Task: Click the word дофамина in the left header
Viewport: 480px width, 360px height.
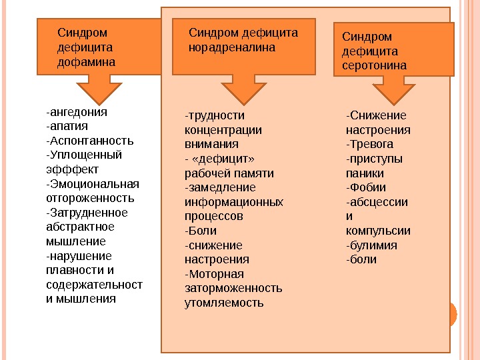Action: [x=86, y=62]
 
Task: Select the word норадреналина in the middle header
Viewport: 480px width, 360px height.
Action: [x=232, y=48]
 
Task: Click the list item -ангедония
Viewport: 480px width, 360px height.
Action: [x=77, y=111]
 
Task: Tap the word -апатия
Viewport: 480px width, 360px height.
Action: [x=67, y=126]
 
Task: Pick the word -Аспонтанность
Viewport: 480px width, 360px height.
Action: [x=90, y=141]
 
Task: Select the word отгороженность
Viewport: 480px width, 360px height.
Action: [x=90, y=198]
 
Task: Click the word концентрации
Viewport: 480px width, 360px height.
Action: [x=223, y=130]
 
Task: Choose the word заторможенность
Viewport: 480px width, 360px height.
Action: [x=233, y=289]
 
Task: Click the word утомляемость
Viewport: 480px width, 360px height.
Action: [x=224, y=303]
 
